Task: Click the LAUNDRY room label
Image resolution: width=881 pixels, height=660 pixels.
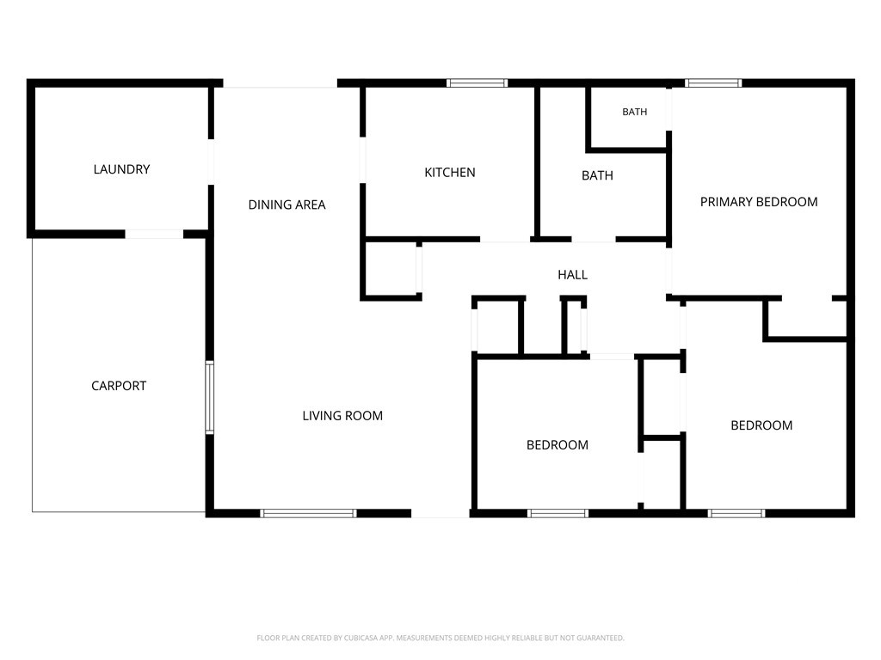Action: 121,169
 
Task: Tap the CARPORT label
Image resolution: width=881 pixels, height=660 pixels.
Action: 119,386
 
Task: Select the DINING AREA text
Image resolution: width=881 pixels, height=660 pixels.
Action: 286,205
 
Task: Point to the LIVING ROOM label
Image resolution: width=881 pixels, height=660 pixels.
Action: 342,416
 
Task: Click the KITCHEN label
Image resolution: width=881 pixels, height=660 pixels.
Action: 449,172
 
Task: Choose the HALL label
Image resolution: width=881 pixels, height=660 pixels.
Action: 572,274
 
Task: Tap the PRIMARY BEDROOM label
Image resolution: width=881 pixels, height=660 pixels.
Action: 759,202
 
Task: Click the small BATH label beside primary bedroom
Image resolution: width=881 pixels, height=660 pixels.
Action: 634,112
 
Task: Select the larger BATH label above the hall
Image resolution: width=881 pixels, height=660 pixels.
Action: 597,175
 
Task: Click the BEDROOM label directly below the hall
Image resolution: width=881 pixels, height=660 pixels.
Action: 558,445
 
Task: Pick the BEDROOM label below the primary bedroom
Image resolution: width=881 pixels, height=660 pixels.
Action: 761,425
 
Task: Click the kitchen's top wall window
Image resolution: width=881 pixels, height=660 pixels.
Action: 477,83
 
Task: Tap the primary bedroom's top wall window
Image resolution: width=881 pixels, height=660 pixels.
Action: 713,83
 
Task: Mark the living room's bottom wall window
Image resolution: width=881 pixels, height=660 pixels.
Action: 308,513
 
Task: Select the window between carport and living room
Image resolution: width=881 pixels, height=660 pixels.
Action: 210,397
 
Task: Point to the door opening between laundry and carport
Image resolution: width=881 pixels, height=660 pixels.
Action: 154,234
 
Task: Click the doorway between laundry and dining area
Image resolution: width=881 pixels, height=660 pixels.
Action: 211,162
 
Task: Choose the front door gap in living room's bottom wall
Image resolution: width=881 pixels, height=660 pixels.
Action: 440,513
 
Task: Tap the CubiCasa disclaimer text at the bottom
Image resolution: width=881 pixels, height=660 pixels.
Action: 440,638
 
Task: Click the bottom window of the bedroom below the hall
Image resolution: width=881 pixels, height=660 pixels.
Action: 558,513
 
